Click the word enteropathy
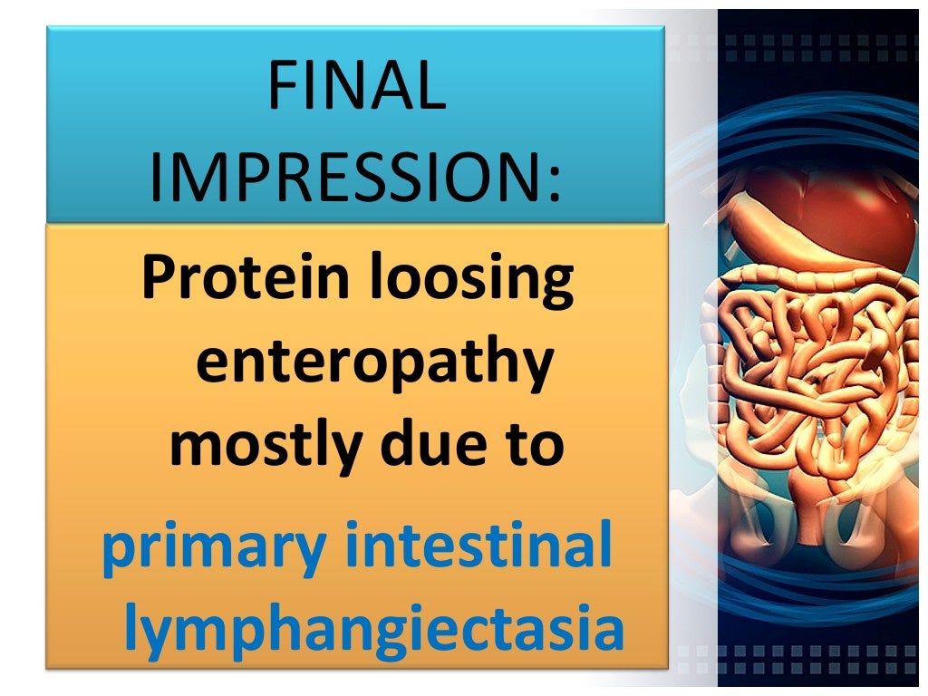click(x=373, y=364)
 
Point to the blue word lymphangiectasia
click(x=374, y=631)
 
